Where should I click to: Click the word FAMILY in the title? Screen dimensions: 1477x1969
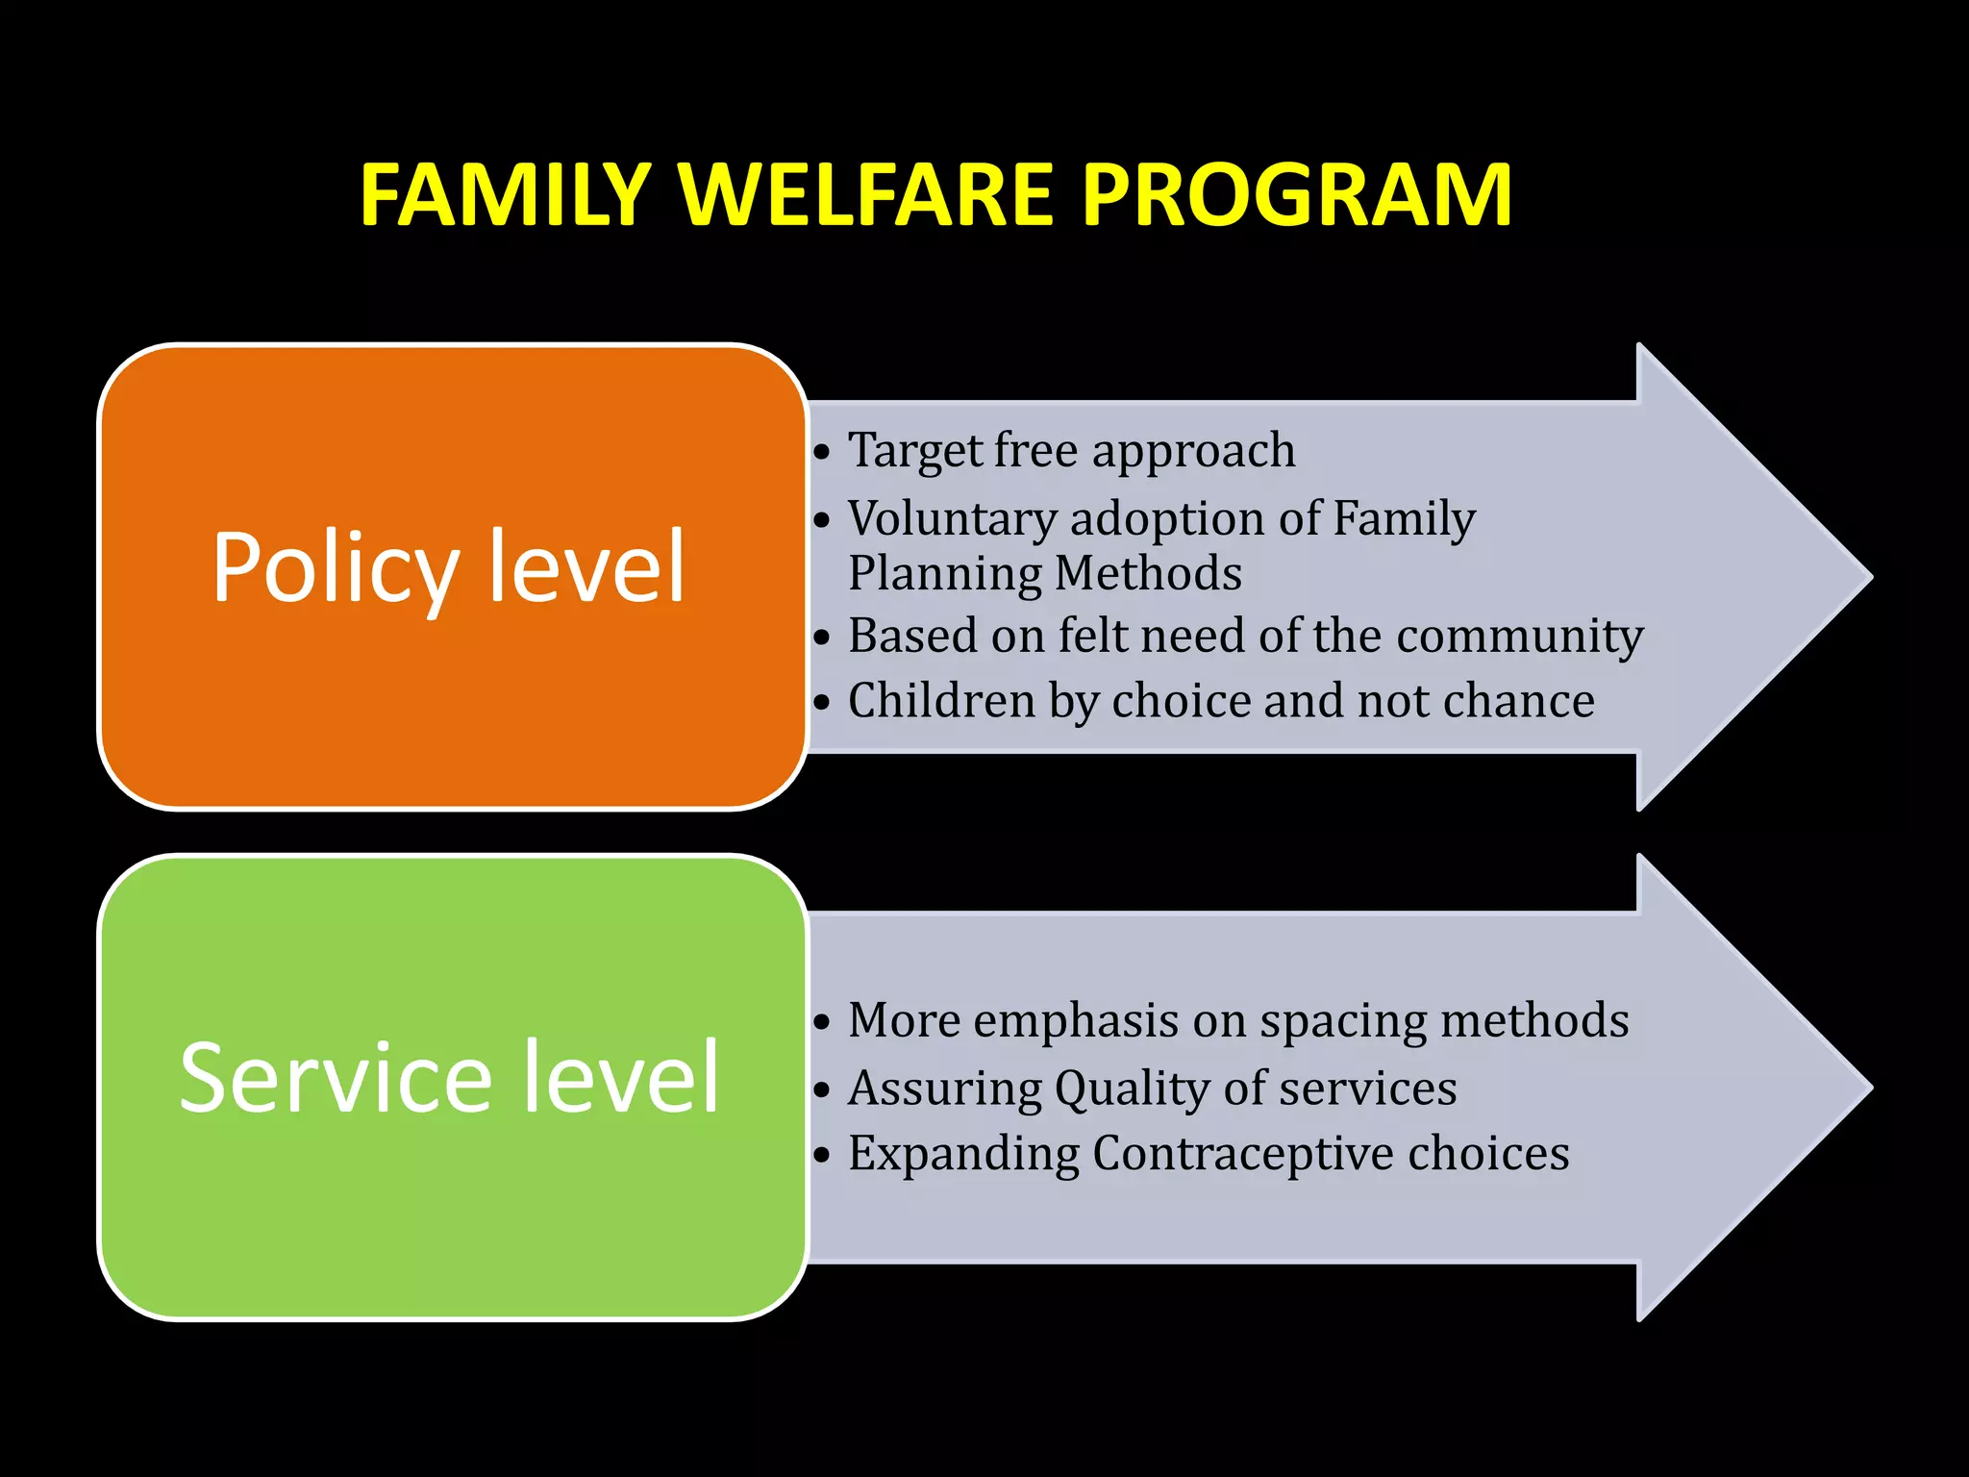coord(506,195)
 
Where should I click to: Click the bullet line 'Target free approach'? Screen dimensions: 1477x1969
coord(1070,450)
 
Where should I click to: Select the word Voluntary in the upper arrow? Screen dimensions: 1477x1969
coord(952,519)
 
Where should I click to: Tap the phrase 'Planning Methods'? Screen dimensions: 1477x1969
coord(1044,574)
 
